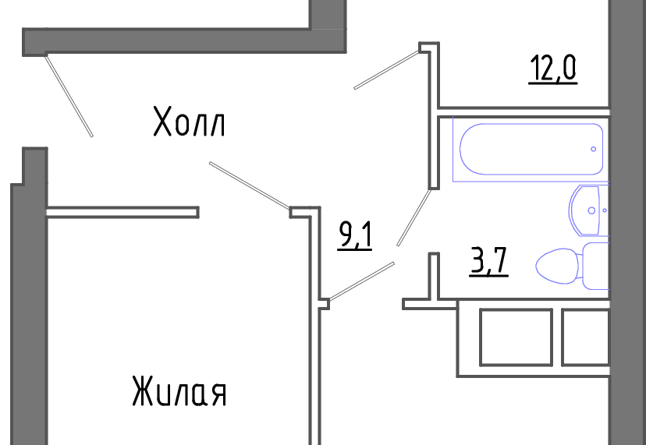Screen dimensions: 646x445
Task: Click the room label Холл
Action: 189,122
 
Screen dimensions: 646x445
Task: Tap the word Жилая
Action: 179,391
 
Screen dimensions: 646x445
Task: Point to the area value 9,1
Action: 355,235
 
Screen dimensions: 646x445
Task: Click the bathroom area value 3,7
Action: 488,260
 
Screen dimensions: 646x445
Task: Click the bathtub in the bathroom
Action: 531,149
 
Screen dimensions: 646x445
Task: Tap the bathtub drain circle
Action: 593,149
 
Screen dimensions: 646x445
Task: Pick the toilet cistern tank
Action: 596,266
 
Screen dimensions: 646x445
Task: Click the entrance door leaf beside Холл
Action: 69,96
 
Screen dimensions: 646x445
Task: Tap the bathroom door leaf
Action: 414,217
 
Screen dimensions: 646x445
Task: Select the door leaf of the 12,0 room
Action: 386,69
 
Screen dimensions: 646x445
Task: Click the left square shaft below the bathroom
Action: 516,337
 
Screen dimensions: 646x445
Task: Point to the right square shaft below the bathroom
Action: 585,337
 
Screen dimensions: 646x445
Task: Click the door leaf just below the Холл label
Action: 250,185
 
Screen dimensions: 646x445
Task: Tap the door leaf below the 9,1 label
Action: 361,281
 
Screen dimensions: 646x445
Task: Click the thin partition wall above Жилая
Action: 122,213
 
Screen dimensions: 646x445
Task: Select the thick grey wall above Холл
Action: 184,41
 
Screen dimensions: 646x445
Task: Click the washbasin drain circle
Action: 591,210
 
